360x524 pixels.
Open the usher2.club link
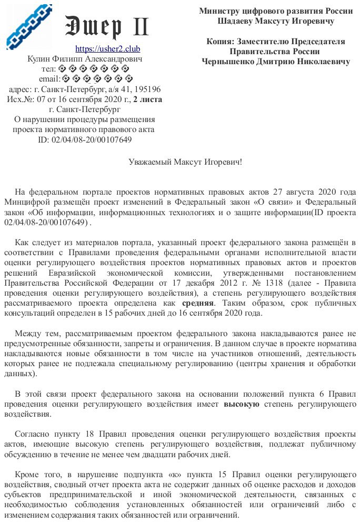(108, 49)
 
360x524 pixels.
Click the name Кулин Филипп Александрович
(84, 59)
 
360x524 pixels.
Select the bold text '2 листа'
(148, 99)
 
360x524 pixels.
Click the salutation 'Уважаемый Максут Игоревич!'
(185, 162)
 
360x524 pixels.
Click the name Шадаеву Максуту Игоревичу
(276, 21)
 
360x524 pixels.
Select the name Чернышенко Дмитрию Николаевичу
(276, 62)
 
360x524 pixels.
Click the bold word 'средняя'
(198, 304)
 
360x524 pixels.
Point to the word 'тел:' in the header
(48, 69)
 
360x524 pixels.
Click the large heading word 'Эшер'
(93, 25)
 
